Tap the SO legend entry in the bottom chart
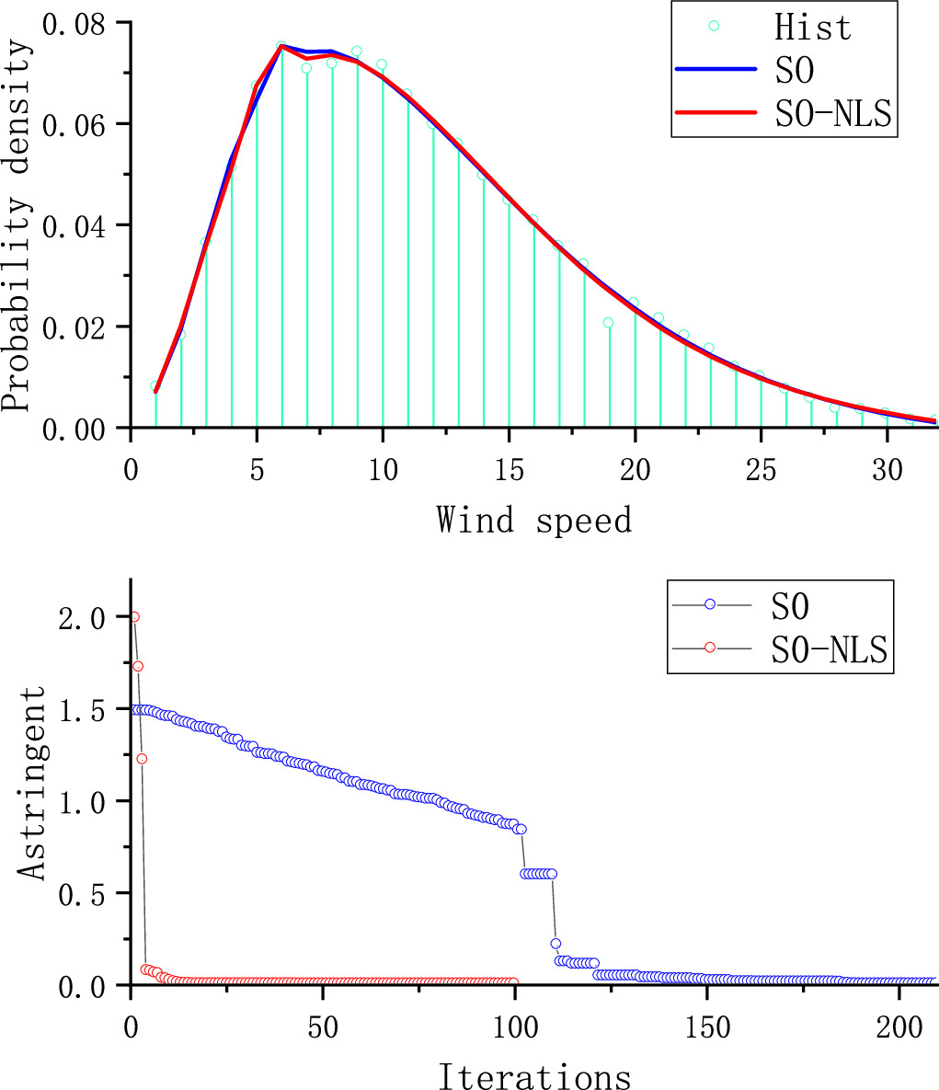point(792,604)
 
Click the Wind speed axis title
point(534,520)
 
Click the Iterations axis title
point(534,1075)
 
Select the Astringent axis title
point(35,782)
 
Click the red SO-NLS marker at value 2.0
point(134,616)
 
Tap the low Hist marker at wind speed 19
point(609,323)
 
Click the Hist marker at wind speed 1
point(155,387)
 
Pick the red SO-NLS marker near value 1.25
point(142,758)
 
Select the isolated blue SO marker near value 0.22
point(555,944)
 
